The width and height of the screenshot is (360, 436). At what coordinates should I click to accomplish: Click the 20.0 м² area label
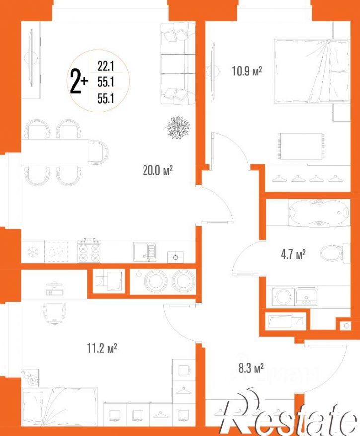click(157, 170)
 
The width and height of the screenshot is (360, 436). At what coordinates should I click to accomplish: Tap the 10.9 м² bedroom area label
click(247, 71)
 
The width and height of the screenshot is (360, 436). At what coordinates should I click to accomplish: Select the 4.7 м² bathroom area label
click(293, 254)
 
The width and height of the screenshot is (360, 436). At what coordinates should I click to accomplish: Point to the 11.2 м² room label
click(102, 348)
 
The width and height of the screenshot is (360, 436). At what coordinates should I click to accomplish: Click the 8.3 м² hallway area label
click(251, 368)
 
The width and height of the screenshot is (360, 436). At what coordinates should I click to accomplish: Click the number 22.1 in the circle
click(106, 66)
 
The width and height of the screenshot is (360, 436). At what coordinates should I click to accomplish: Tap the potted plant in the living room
click(178, 127)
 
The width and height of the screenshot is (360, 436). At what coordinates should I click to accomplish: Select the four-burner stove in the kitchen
click(89, 251)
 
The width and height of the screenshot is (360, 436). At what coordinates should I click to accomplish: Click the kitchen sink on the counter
click(144, 252)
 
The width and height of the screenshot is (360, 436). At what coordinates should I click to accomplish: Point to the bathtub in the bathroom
click(319, 213)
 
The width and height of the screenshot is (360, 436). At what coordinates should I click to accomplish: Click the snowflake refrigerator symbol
click(33, 252)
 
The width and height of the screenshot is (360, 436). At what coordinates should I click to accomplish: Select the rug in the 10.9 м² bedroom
click(301, 146)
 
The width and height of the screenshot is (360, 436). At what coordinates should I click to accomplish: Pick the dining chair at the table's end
click(99, 152)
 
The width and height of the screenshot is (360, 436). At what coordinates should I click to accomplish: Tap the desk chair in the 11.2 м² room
click(55, 313)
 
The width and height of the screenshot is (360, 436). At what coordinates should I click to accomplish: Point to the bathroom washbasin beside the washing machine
click(307, 296)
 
